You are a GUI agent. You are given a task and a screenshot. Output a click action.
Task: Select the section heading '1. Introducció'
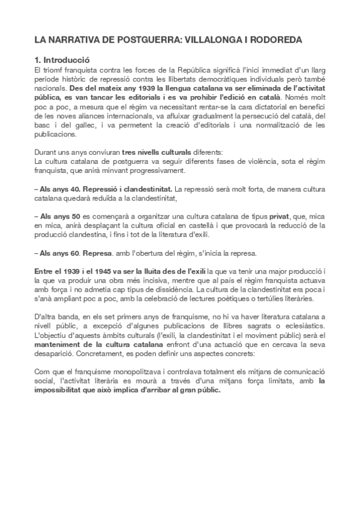pos(62,60)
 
